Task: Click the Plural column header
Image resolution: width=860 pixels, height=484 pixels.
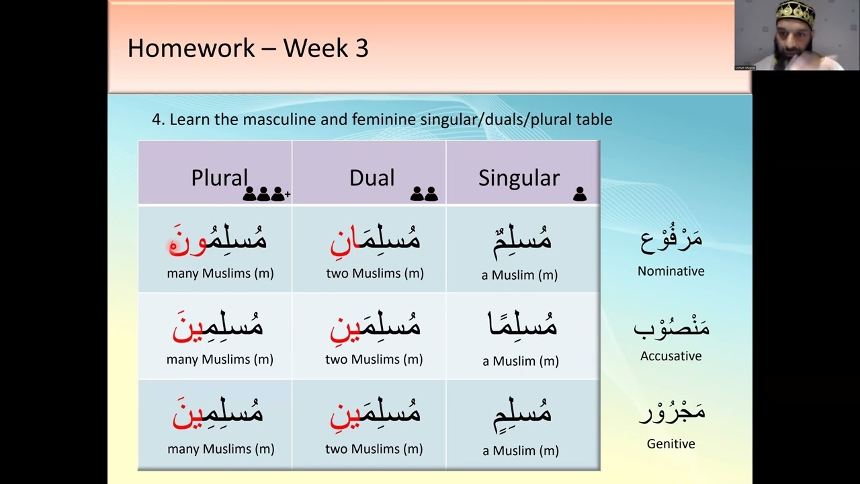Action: [x=219, y=178]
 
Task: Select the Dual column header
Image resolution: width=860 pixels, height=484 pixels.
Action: [x=372, y=178]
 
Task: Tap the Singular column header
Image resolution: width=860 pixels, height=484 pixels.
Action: [x=519, y=178]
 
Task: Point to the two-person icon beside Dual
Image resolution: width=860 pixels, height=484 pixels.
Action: [x=424, y=194]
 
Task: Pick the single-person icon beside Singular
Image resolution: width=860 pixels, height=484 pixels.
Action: [x=580, y=194]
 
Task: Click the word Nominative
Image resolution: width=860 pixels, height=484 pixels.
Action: [x=671, y=271]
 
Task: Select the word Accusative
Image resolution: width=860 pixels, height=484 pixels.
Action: [x=671, y=356]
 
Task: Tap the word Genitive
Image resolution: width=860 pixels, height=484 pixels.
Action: [x=671, y=444]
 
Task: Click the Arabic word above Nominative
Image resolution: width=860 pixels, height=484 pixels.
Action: [x=671, y=239]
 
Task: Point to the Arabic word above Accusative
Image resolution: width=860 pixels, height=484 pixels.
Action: [x=671, y=326]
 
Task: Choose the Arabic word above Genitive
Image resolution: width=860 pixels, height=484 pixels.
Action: [x=672, y=412]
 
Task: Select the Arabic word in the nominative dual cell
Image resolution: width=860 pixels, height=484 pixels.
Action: [x=375, y=241]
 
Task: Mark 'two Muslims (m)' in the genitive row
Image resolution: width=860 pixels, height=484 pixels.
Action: [x=374, y=449]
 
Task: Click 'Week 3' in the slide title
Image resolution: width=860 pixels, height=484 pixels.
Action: [x=326, y=48]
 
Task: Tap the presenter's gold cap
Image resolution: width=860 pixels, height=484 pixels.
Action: [x=795, y=12]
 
